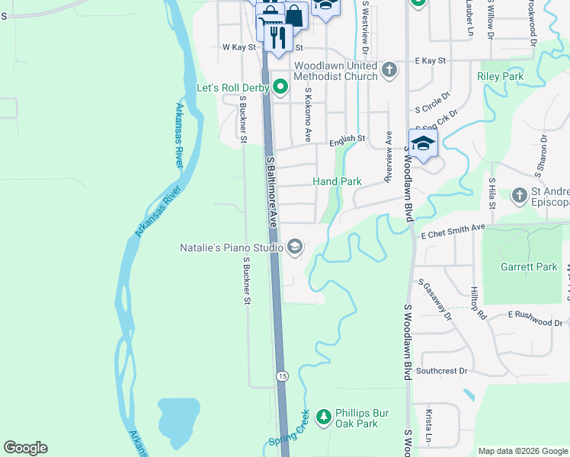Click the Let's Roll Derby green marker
[x=280, y=88]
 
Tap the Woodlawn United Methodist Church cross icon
[x=389, y=71]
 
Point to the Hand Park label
[x=337, y=182]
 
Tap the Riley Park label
[x=500, y=77]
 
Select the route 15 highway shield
[x=283, y=376]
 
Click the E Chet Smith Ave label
[x=453, y=231]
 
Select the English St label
[x=347, y=139]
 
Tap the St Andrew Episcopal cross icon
[x=520, y=196]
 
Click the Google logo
[x=25, y=448]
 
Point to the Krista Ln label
[x=429, y=427]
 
